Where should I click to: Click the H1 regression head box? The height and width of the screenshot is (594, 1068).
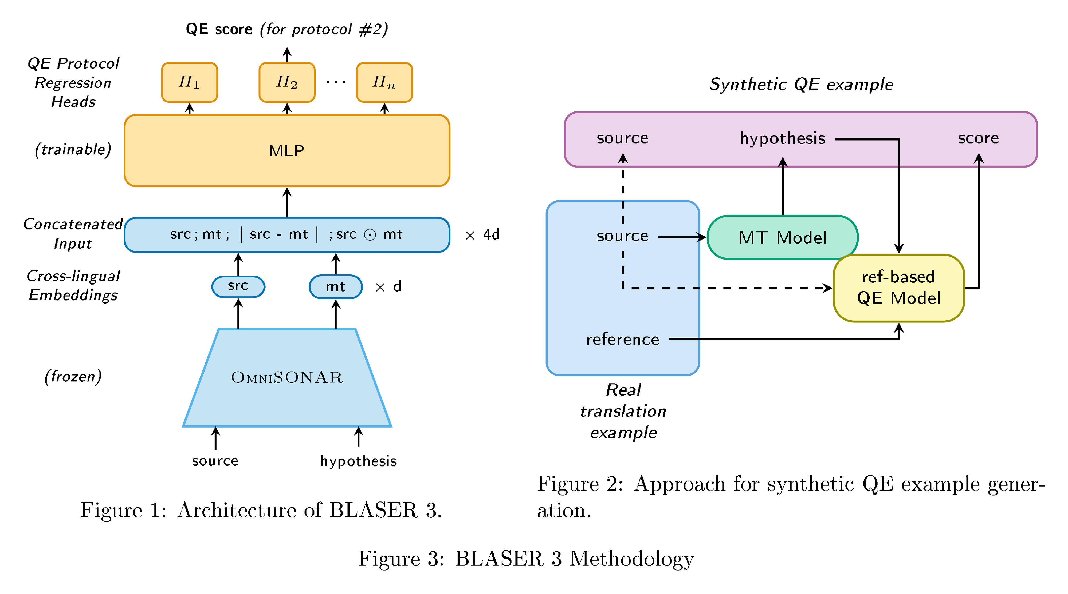point(190,82)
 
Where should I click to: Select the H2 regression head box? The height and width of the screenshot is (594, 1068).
point(287,82)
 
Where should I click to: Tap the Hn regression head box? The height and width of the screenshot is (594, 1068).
point(384,82)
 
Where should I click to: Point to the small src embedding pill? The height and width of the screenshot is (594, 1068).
point(238,286)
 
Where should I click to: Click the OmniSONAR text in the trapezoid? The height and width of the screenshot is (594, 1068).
point(287,377)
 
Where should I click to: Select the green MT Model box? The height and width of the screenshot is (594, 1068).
point(782,237)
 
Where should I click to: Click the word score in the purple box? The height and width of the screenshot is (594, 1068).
point(978,138)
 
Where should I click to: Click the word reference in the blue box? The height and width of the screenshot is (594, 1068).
point(622,340)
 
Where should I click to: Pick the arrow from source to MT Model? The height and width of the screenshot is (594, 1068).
point(682,237)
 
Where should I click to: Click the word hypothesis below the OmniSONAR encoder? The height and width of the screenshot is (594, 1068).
point(358,461)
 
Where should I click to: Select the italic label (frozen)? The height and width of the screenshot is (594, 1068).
point(73,376)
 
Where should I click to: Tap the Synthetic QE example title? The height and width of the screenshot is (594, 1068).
point(801,85)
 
